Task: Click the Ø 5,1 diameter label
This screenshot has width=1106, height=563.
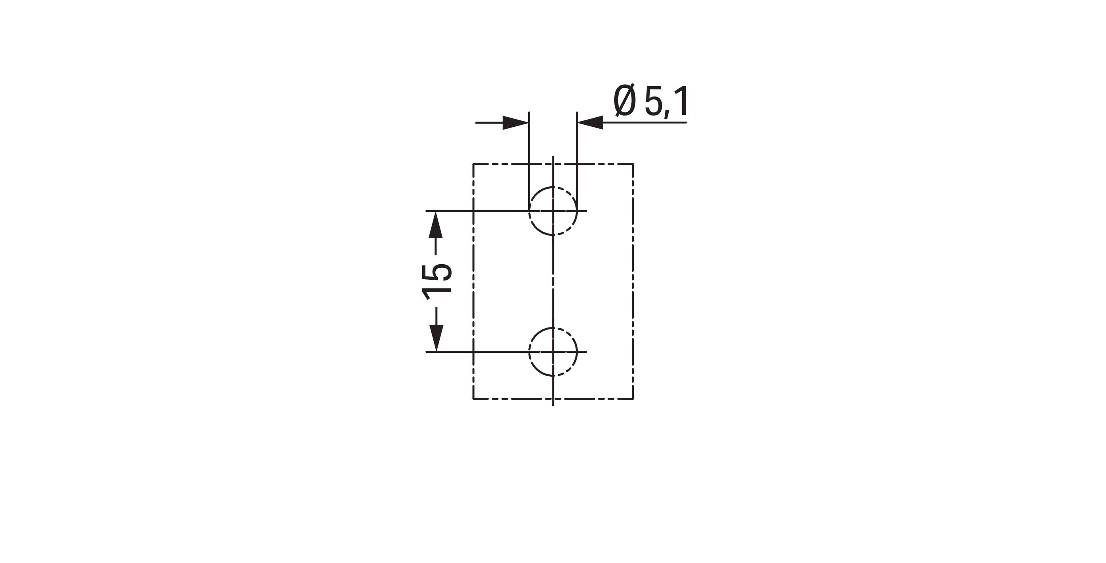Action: (x=651, y=101)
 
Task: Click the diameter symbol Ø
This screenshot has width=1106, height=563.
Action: (x=624, y=101)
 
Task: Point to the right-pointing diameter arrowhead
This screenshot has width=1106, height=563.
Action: (x=515, y=122)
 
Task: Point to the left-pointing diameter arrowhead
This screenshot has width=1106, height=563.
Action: (x=591, y=122)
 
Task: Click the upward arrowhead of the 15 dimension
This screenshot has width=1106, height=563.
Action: (x=436, y=224)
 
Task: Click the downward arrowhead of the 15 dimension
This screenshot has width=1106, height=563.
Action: (x=436, y=338)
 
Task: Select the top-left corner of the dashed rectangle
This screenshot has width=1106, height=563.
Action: (x=473, y=164)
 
